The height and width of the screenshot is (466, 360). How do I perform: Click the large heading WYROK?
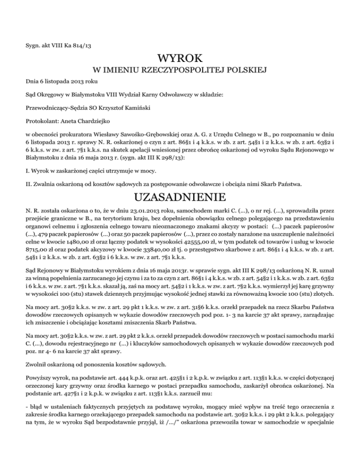click(180, 59)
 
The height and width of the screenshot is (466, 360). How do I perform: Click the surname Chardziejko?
click(86, 120)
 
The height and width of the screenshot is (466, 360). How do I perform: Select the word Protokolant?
click(42, 120)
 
